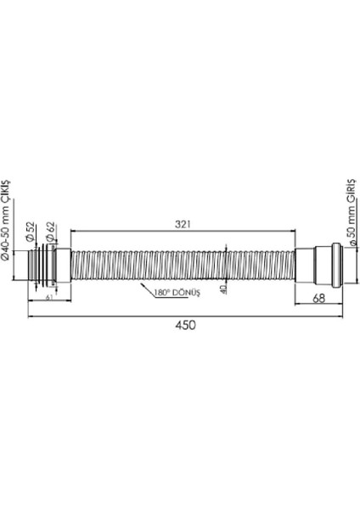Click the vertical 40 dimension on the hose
223,288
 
